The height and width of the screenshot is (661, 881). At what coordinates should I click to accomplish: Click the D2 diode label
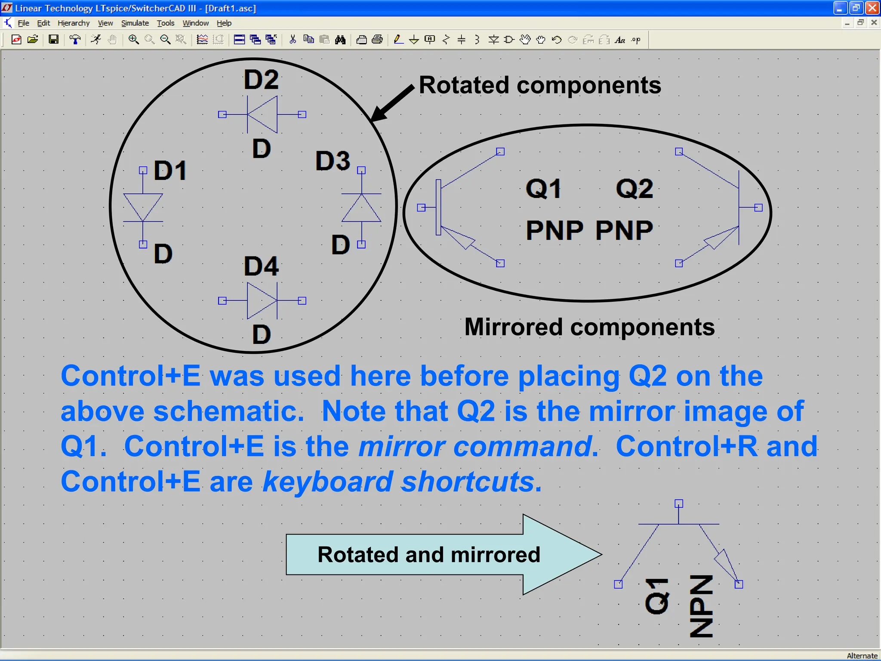click(x=261, y=80)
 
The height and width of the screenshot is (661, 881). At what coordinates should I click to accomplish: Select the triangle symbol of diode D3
click(x=361, y=208)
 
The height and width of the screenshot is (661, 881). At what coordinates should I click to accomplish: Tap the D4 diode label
click(x=261, y=266)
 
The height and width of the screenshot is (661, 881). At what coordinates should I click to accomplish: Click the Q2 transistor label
click(x=635, y=188)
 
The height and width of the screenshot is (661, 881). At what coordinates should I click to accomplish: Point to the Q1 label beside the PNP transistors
click(x=543, y=188)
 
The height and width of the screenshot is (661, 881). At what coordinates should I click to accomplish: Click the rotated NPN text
click(x=701, y=606)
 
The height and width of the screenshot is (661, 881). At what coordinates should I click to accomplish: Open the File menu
click(x=23, y=23)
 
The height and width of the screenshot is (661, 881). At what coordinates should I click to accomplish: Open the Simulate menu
click(x=135, y=23)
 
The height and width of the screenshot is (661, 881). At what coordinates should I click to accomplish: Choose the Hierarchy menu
click(x=74, y=23)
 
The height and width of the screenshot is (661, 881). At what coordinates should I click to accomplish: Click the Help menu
click(x=224, y=23)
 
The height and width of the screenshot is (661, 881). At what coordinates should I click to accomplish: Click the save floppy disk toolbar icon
click(x=53, y=40)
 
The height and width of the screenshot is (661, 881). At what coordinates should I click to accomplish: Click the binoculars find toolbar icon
click(x=340, y=40)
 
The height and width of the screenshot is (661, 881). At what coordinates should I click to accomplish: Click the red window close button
click(x=872, y=8)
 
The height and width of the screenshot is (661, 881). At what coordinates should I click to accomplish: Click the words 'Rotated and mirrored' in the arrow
click(x=428, y=554)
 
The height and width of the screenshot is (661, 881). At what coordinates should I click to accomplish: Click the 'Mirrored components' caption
click(x=589, y=327)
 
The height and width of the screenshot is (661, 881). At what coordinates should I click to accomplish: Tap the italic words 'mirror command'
click(x=475, y=446)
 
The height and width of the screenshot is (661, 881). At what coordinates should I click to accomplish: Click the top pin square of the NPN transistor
click(x=679, y=503)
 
